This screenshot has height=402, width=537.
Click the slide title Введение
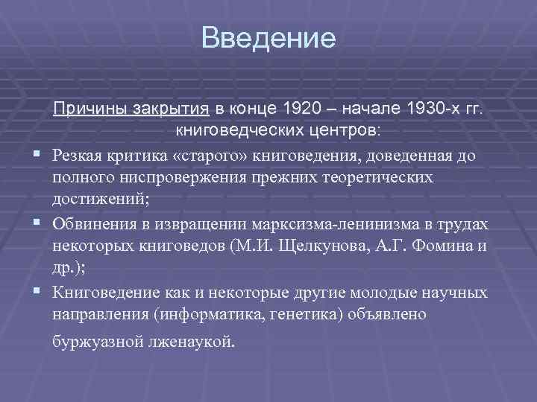point(268,37)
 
